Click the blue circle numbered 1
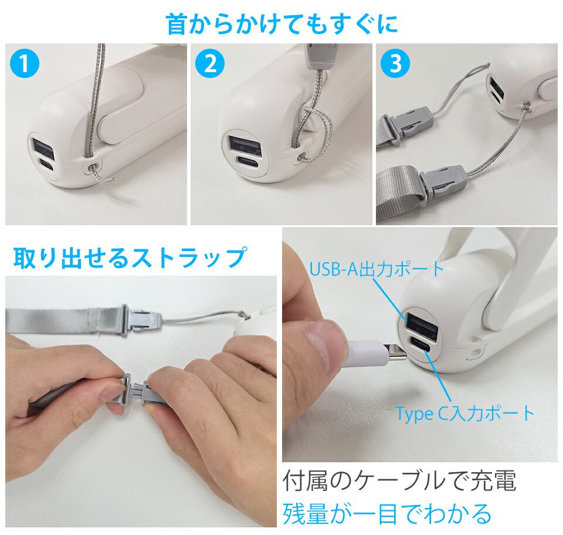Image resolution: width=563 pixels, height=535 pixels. tap(25, 63)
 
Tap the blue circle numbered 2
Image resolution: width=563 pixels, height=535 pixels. tap(210, 63)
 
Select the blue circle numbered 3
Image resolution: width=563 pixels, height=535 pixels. tap(395, 63)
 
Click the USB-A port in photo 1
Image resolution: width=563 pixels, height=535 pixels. tap(43, 148)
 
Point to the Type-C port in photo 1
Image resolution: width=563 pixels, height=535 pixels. tap(47, 165)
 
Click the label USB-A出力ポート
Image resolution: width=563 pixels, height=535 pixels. tap(377, 269)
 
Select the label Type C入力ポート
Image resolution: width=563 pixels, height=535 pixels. tap(465, 414)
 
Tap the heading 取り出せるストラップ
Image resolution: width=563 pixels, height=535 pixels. tap(130, 257)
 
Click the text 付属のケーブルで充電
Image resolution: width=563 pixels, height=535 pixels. tap(399, 481)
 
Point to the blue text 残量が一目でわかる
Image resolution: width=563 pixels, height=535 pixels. tap(387, 513)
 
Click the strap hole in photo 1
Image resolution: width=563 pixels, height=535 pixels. tap(94, 164)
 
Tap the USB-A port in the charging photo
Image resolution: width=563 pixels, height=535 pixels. tap(422, 326)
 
